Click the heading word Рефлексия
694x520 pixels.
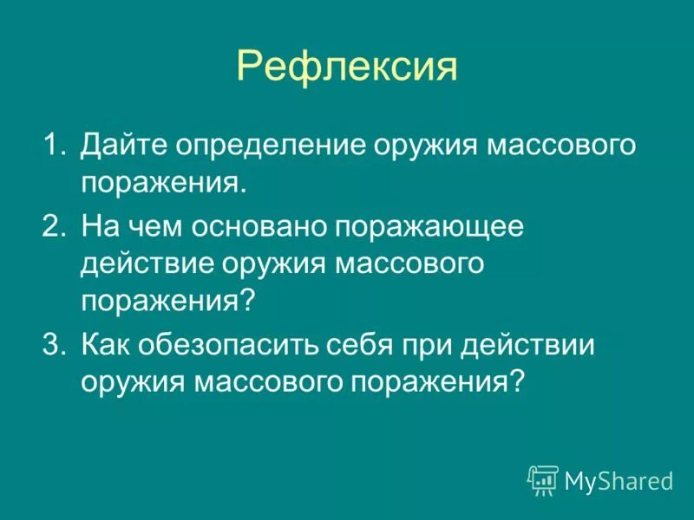pyautogui.click(x=346, y=67)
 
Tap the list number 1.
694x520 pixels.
pyautogui.click(x=54, y=145)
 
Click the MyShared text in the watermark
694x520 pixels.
pyautogui.click(x=618, y=479)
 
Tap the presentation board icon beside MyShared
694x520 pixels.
pyautogui.click(x=543, y=478)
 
